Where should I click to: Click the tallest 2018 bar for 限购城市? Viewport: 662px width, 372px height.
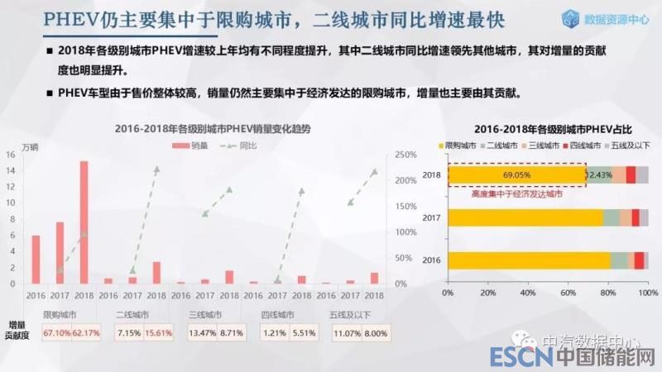[x=84, y=222]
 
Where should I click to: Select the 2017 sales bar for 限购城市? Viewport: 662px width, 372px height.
[x=60, y=252]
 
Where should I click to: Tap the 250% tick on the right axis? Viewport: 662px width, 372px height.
[x=405, y=155]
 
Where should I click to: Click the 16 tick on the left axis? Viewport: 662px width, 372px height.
[x=10, y=155]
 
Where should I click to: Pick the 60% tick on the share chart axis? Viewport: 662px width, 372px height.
[x=567, y=293]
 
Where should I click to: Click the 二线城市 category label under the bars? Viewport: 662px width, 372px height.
[x=132, y=315]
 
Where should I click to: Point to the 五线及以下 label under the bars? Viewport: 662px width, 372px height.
[x=349, y=315]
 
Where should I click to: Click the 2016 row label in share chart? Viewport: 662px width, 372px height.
[x=431, y=260]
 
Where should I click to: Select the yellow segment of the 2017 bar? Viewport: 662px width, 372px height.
[x=525, y=217]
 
